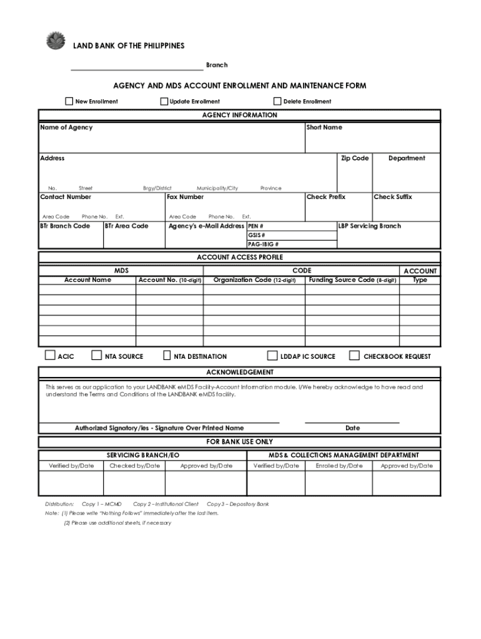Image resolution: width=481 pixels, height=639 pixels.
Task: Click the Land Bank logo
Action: (56, 40)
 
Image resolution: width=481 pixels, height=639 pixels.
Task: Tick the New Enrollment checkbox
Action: (69, 101)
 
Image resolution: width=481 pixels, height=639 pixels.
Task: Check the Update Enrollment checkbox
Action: (164, 101)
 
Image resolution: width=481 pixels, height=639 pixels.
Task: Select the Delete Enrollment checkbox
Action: (277, 101)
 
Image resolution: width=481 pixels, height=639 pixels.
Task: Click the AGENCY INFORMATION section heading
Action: (240, 115)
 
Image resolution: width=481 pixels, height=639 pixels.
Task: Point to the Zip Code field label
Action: (354, 159)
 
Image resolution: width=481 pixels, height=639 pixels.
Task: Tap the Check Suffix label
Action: (392, 197)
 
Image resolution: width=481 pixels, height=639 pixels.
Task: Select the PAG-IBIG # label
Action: (263, 245)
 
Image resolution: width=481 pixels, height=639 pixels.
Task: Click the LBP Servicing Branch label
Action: (370, 226)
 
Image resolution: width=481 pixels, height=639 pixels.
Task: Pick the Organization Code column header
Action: (254, 280)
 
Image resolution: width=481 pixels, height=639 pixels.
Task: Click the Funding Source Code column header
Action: (352, 280)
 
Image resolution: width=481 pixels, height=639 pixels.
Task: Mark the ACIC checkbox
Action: (50, 356)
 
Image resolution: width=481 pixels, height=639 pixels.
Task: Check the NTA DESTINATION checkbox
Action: (167, 356)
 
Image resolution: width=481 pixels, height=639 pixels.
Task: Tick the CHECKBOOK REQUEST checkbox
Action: (354, 356)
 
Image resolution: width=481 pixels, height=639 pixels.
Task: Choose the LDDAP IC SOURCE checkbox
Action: (272, 356)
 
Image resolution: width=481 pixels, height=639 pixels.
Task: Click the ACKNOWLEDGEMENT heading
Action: (240, 373)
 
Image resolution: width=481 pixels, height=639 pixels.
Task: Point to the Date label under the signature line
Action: (352, 428)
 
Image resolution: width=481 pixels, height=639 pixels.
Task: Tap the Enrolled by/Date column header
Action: (339, 466)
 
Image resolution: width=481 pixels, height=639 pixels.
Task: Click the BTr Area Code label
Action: (126, 226)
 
